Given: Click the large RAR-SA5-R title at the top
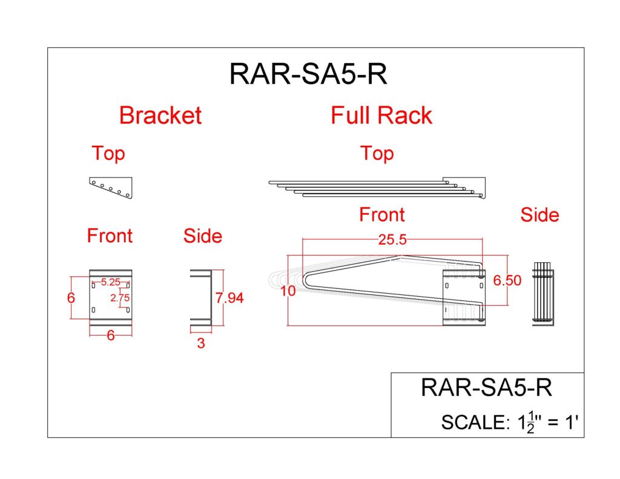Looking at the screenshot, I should click(x=308, y=74).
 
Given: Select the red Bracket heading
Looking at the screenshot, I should click(x=160, y=115).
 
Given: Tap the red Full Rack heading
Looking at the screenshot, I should click(x=381, y=115).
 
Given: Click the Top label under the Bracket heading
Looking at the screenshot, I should click(x=108, y=153).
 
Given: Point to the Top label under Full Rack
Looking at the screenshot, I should click(x=377, y=153).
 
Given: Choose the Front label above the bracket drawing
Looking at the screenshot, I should click(x=110, y=236).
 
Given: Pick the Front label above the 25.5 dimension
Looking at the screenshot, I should click(x=381, y=215).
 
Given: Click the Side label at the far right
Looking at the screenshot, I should click(x=539, y=215).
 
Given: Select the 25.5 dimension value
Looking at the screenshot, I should click(x=392, y=240).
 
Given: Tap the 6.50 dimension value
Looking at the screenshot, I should click(x=506, y=282).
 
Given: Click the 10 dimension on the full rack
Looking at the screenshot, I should click(x=288, y=291).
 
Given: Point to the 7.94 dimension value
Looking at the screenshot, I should click(x=229, y=298).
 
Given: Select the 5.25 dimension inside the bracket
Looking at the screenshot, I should click(x=111, y=282).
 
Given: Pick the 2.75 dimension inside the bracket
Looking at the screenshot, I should click(x=120, y=297).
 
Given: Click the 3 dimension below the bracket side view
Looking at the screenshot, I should click(x=201, y=343).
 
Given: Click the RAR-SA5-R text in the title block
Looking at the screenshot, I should click(x=486, y=388).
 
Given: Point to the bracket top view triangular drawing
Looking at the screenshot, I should click(x=111, y=188).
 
